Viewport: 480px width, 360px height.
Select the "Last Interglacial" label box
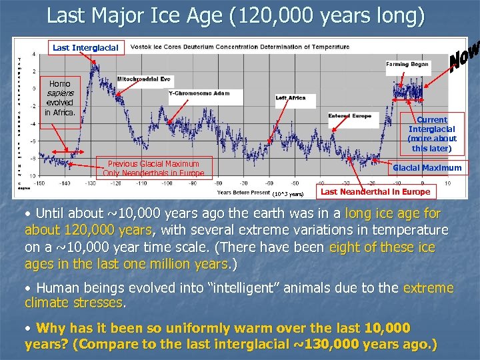pyautogui.click(x=85, y=47)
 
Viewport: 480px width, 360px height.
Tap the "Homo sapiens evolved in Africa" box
pyautogui.click(x=60, y=98)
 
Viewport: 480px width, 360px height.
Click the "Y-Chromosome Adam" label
pyautogui.click(x=199, y=93)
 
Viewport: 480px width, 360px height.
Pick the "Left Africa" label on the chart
pyautogui.click(x=291, y=98)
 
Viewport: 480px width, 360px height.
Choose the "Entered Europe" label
pyautogui.click(x=349, y=116)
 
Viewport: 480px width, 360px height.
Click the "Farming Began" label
pyautogui.click(x=407, y=65)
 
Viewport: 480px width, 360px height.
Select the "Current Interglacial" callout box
pyautogui.click(x=431, y=134)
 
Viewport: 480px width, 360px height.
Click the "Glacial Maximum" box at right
pyautogui.click(x=427, y=168)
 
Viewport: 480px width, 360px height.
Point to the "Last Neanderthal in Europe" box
pyautogui.click(x=375, y=192)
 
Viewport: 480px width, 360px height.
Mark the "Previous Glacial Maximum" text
pyautogui.click(x=153, y=164)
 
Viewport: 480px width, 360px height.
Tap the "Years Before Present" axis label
pyautogui.click(x=243, y=193)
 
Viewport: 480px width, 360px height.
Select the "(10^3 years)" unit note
pyautogui.click(x=288, y=195)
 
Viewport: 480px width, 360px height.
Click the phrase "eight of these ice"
pyautogui.click(x=382, y=247)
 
